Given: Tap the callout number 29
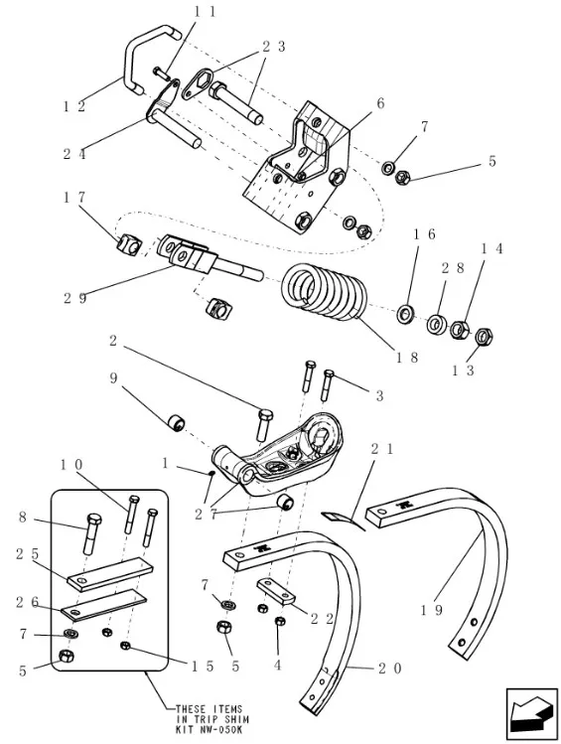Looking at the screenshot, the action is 75,298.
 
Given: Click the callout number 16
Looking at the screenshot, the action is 424,233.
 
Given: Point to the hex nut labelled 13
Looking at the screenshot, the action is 484,337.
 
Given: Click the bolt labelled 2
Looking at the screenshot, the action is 265,424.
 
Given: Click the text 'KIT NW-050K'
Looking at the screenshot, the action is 211,730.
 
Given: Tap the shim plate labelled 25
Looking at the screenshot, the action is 110,575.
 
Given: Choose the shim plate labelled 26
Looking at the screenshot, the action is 104,605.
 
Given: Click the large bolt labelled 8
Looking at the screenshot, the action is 92,532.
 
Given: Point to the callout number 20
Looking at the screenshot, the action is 390,669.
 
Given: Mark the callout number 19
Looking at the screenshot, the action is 432,609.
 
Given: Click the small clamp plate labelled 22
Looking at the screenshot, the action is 276,590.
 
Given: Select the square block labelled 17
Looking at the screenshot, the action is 128,244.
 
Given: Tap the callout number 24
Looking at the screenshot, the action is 74,154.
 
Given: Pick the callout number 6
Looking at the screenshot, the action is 380,104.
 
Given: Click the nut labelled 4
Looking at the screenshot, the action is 280,621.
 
